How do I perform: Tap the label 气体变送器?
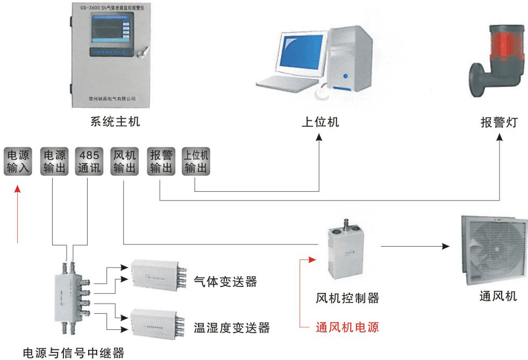225,282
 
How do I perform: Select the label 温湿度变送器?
232,327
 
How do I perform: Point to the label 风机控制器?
348,297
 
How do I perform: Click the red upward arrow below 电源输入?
18,215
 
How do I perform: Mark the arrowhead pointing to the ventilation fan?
445,247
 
